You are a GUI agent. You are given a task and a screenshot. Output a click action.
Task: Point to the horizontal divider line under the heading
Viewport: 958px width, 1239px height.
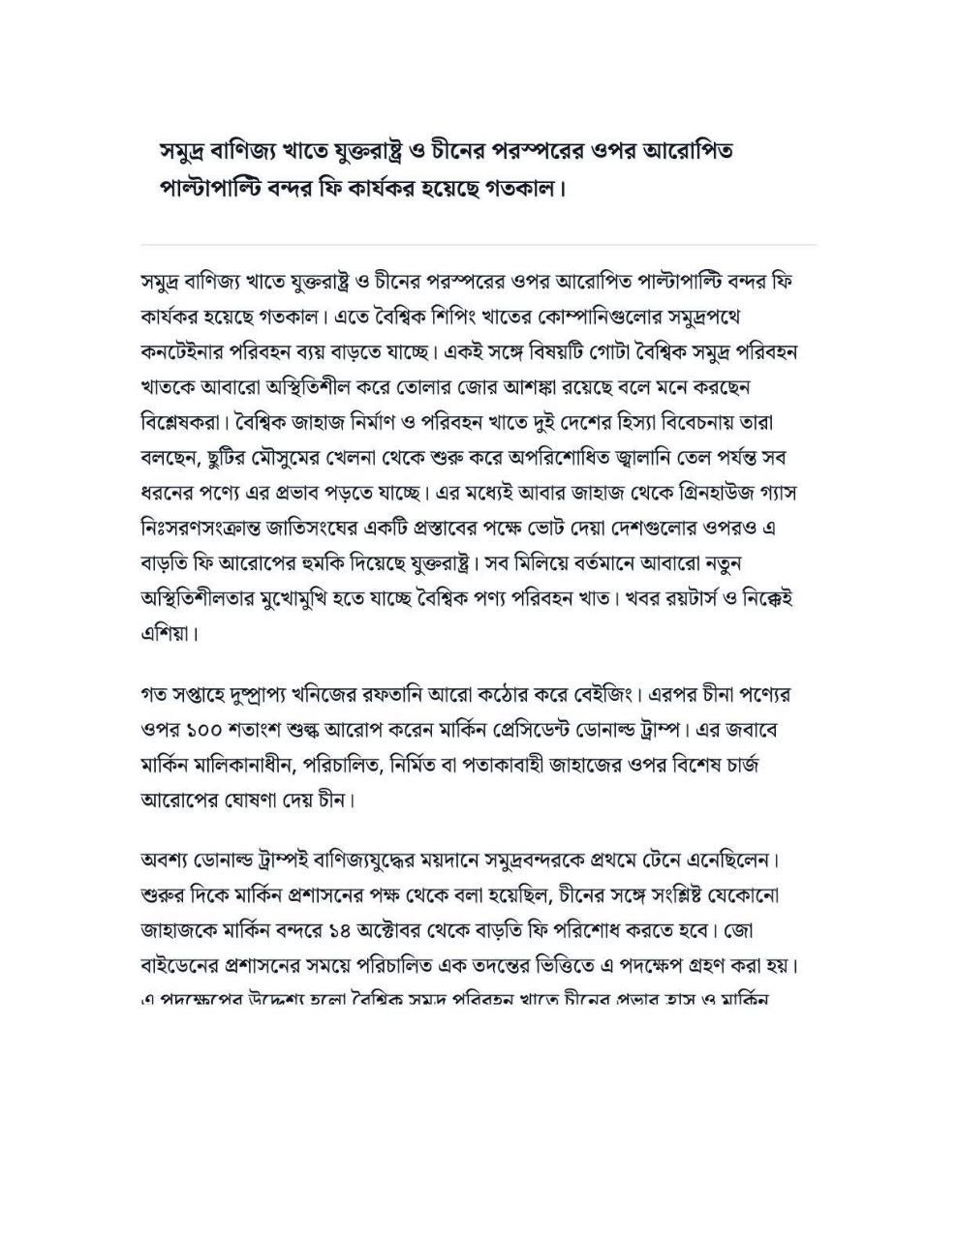[479, 244]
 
